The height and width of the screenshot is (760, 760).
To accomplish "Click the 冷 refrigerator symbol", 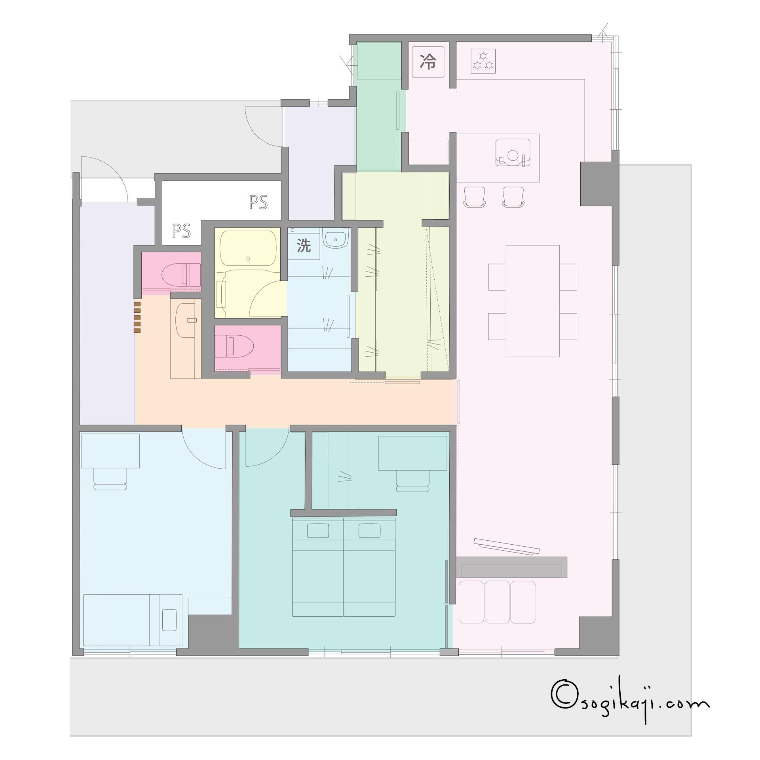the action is [x=428, y=62].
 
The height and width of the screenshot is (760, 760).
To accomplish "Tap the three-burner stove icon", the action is [x=483, y=61].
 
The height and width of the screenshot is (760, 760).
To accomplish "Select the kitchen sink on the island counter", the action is [x=513, y=153].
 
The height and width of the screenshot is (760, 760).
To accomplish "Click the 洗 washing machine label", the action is [x=304, y=246].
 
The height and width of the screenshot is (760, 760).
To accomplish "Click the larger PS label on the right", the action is [x=258, y=202].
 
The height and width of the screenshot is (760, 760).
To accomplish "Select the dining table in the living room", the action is [x=532, y=301].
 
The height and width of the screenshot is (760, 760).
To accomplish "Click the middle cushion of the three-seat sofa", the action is [x=497, y=602].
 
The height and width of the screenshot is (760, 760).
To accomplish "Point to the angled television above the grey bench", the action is [x=507, y=546].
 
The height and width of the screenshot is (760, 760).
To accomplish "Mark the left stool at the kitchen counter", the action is [x=474, y=197].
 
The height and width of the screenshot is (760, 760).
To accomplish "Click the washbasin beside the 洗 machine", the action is [x=335, y=239].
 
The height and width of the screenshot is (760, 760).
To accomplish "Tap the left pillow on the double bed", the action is [x=318, y=530].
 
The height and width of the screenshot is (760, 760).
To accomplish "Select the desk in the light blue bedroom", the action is [x=110, y=451].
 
